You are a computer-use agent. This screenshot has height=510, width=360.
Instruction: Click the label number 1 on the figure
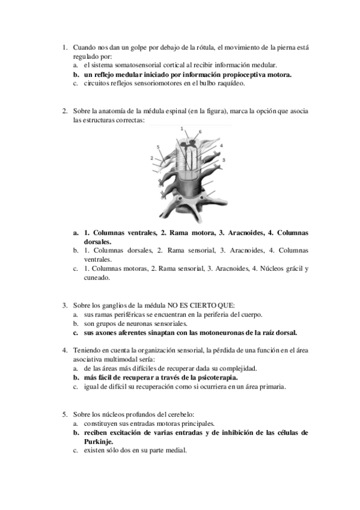[182, 129]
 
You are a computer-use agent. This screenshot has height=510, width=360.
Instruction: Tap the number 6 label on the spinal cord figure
[200, 131]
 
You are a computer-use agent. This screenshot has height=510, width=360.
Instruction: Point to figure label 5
[158, 147]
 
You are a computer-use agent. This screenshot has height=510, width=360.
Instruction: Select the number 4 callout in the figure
[221, 146]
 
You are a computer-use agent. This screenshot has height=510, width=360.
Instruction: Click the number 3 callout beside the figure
[224, 161]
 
